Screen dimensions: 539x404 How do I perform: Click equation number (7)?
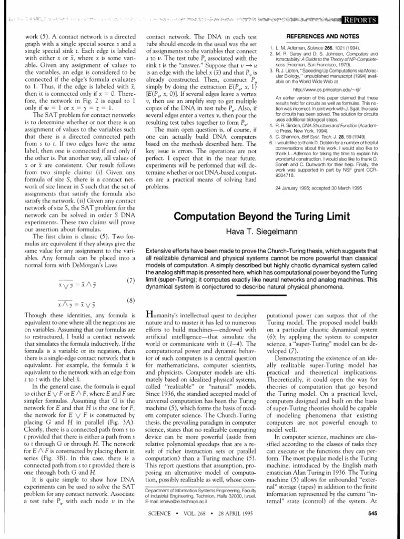pos(132,280)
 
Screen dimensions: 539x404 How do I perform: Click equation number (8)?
pos(132,301)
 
